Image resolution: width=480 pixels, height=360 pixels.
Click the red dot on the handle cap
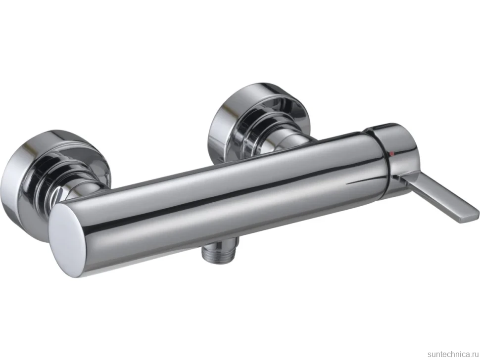pyautogui.click(x=391, y=154)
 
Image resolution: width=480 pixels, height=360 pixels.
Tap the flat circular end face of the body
pyautogui.click(x=66, y=241)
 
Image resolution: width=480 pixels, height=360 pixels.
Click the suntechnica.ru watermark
pyautogui.click(x=453, y=354)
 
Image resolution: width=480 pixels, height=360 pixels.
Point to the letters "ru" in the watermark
pyautogui.click(x=475, y=355)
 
